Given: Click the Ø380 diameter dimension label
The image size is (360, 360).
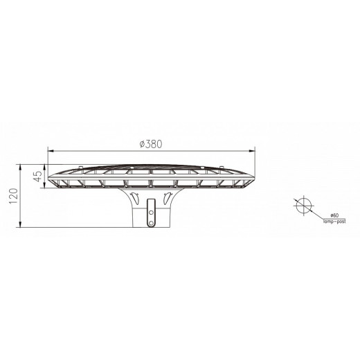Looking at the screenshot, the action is tap(151, 144).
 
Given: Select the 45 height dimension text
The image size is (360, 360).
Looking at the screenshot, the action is tap(39, 177).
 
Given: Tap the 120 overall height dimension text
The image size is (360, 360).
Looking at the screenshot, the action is tap(13, 196).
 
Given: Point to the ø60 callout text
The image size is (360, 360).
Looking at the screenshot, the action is tap(334, 215).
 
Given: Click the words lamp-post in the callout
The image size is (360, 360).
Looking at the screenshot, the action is tap(334, 222).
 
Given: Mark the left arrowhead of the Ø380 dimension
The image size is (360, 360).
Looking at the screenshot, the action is tap(51, 151).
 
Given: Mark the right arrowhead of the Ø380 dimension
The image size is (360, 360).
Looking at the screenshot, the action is tap(252, 151).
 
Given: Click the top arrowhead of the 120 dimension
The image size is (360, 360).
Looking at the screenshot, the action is tap(20, 167).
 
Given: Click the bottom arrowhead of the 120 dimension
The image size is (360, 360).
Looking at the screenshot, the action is tap(20, 224).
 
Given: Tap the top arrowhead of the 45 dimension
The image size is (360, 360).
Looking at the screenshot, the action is tap(44, 167).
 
